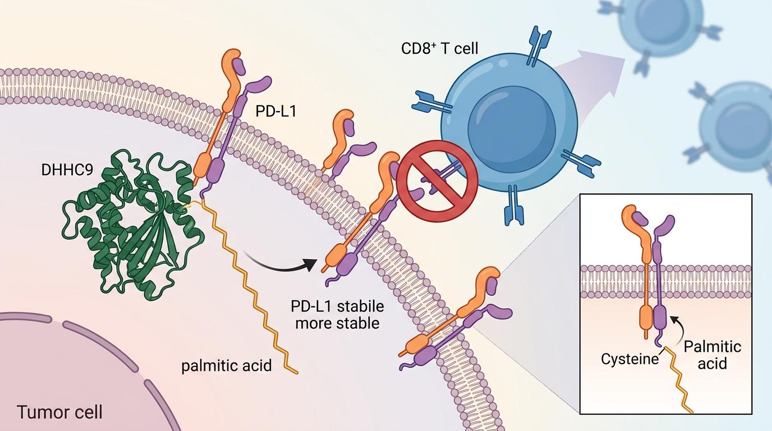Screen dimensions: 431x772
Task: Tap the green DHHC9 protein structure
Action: pos(131,224)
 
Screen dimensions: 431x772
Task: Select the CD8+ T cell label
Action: pos(439,49)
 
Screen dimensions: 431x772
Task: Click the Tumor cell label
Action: pos(59,412)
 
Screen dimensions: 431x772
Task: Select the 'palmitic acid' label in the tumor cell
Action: pos(226,366)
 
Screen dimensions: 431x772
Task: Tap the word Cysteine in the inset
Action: pos(629,359)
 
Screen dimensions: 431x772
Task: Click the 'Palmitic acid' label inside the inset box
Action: pos(712,355)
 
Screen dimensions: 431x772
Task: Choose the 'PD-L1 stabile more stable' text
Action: pos(337,315)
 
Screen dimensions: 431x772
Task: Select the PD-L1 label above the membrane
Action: pos(276,111)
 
